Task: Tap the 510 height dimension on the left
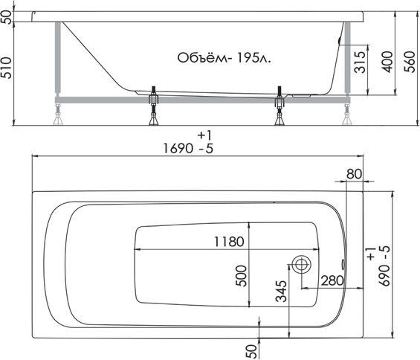tap(7, 68)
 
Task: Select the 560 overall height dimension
tap(410, 62)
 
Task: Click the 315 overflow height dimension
tap(360, 62)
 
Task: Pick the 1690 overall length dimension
tap(178, 148)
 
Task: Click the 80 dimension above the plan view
tap(354, 174)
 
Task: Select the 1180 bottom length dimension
tap(229, 242)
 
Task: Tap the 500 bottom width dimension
tap(241, 276)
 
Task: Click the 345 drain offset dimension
tap(281, 291)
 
